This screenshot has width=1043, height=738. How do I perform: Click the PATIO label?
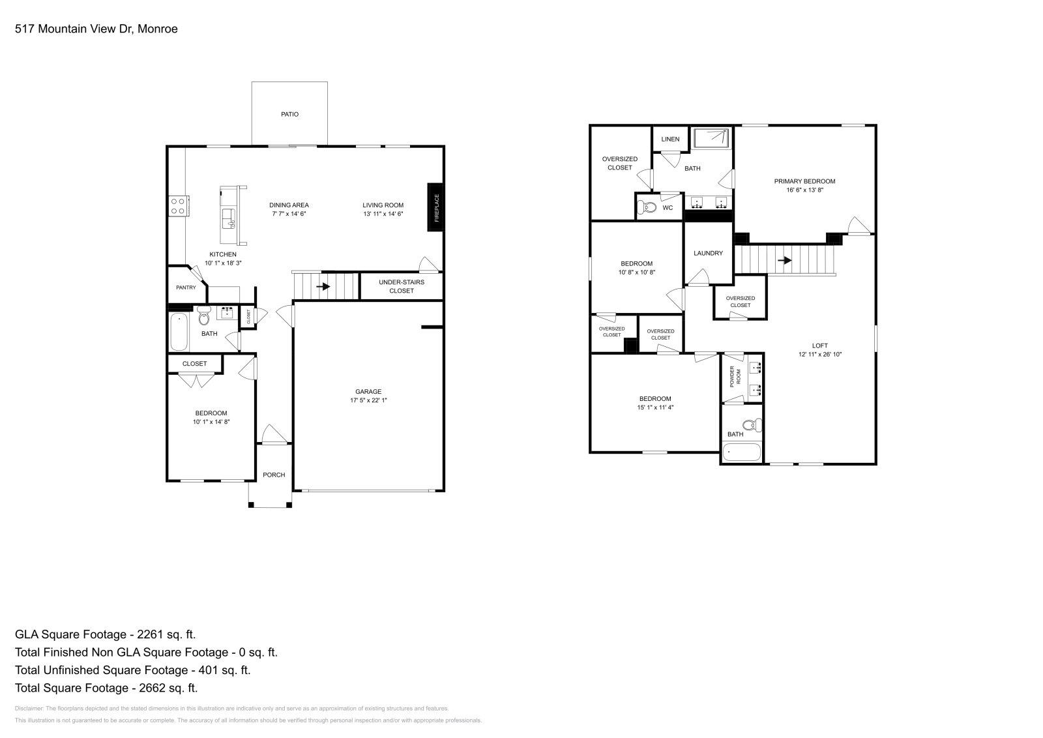pyautogui.click(x=289, y=114)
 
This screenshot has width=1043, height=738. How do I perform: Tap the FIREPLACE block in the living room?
pyautogui.click(x=436, y=207)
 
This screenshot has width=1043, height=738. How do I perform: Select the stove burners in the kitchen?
pyautogui.click(x=178, y=206)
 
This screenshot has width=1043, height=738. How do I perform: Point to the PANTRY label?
pyautogui.click(x=186, y=288)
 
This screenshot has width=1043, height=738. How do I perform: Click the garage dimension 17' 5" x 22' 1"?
pyautogui.click(x=368, y=400)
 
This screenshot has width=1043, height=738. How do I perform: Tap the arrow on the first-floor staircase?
pyautogui.click(x=323, y=286)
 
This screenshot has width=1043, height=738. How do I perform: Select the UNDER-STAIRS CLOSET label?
pyautogui.click(x=402, y=286)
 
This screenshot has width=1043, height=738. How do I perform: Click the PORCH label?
pyautogui.click(x=274, y=475)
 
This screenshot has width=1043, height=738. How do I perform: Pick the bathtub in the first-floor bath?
pyautogui.click(x=178, y=332)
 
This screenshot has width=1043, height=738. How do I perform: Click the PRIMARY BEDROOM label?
pyautogui.click(x=804, y=181)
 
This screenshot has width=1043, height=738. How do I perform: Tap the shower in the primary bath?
pyautogui.click(x=712, y=138)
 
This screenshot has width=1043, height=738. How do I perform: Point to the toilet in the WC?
pyautogui.click(x=648, y=207)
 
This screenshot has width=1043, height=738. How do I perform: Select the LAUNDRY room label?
pyautogui.click(x=708, y=253)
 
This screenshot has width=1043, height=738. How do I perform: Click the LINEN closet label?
pyautogui.click(x=670, y=139)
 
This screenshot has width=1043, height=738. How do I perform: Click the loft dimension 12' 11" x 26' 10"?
pyautogui.click(x=820, y=355)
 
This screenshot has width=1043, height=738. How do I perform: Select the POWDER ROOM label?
pyautogui.click(x=735, y=376)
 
